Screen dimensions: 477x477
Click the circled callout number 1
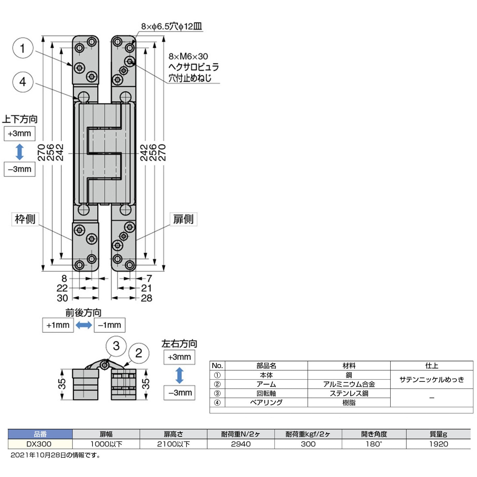pyautogui.click(x=23, y=48)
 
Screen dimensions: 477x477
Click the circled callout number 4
pyautogui.click(x=23, y=82)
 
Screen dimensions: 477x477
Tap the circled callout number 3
pyautogui.click(x=116, y=346)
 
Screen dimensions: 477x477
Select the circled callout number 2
pyautogui.click(x=139, y=353)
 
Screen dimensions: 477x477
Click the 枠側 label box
pyautogui.click(x=25, y=219)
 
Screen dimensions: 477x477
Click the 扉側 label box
pyautogui.click(x=183, y=219)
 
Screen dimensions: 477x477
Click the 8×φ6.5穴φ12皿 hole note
pyautogui.click(x=171, y=26)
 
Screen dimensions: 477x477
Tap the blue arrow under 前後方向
pyautogui.click(x=84, y=325)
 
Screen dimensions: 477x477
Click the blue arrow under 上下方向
pyautogui.click(x=20, y=152)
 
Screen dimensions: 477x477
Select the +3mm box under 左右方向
pyautogui.click(x=179, y=357)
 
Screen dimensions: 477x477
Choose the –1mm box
pyautogui.click(x=110, y=325)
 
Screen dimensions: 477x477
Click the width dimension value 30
pyautogui.click(x=62, y=298)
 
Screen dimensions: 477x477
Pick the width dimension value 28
pyautogui.click(x=146, y=298)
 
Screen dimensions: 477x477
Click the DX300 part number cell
pyautogui.click(x=40, y=444)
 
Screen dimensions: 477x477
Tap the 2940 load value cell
pyautogui.click(x=241, y=444)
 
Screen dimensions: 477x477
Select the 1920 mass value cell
pyautogui.click(x=438, y=444)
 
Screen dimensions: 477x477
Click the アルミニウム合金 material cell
pyautogui.click(x=349, y=384)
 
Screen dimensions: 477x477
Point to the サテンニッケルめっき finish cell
pyautogui.click(x=431, y=379)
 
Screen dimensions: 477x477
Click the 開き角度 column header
pyautogui.click(x=374, y=434)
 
